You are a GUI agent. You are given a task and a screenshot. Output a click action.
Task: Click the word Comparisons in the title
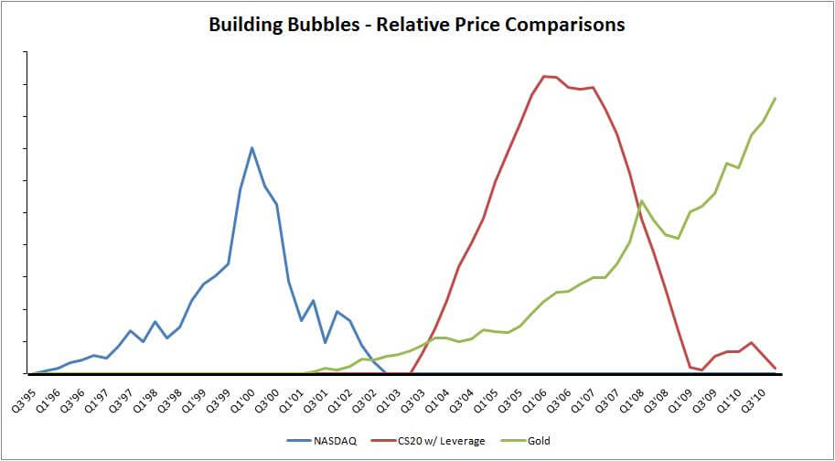tap(563, 25)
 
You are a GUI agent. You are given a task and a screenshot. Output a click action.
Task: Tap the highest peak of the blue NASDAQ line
tap(252, 147)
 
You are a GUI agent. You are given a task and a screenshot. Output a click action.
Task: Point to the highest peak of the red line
tap(544, 76)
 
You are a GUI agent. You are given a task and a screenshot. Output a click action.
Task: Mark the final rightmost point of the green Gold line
tap(776, 98)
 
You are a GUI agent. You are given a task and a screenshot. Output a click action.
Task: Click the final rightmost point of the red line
tap(776, 369)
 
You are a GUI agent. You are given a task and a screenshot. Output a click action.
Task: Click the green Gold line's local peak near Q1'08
tap(642, 200)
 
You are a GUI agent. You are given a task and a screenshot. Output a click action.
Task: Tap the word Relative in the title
tap(410, 25)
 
